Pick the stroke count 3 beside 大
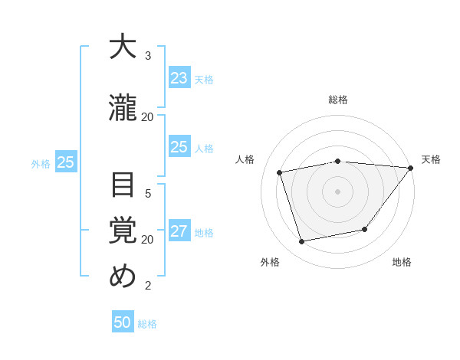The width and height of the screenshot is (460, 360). [x=148, y=56]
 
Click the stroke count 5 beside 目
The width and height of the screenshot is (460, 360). [x=148, y=193]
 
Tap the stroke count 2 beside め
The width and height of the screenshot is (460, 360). [x=148, y=286]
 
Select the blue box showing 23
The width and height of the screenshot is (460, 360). [x=179, y=78]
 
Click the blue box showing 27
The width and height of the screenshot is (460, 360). [x=179, y=232]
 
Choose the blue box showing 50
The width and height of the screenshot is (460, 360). [x=123, y=322]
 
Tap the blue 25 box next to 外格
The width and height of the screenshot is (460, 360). [x=65, y=162]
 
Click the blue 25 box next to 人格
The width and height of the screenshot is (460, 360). [x=179, y=147]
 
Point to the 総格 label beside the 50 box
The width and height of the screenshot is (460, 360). [x=147, y=324]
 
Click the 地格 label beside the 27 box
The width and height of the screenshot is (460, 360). [x=204, y=233]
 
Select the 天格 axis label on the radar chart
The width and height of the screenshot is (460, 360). [x=431, y=159]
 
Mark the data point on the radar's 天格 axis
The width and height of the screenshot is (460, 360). [x=411, y=168]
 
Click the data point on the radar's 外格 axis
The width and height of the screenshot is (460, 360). [x=302, y=242]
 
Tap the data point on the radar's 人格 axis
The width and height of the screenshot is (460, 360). [x=280, y=172]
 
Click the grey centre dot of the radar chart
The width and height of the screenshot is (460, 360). [x=337, y=191]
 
